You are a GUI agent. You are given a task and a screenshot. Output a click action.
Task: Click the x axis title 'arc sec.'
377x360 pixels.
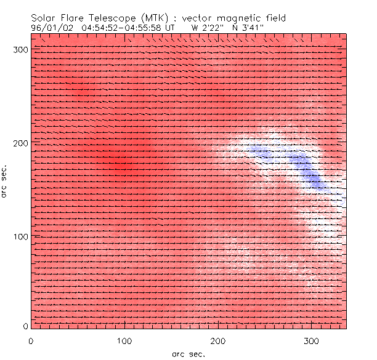click(x=188, y=353)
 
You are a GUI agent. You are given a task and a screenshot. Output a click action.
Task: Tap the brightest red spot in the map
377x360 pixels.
click(x=121, y=164)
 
